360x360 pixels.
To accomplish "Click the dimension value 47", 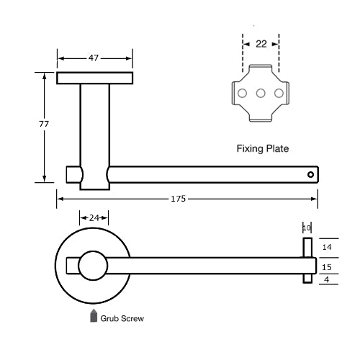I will [94, 57].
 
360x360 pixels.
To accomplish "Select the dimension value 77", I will [43, 125].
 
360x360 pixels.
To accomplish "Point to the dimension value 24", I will [94, 216].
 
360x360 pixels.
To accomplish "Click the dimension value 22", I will [261, 44].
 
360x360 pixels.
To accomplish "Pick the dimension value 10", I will [306, 228].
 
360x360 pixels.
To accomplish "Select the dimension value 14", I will [326, 246].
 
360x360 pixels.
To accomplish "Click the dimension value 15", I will [326, 266].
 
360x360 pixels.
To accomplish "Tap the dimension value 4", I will [326, 279].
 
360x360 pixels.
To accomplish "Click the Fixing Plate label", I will [263, 150].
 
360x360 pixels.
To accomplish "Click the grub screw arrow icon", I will [94, 316].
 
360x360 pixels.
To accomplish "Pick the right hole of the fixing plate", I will [279, 93].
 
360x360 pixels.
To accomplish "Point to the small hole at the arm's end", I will [310, 174].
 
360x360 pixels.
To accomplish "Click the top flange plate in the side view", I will [94, 78].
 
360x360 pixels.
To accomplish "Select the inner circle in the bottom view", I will [93, 266].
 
